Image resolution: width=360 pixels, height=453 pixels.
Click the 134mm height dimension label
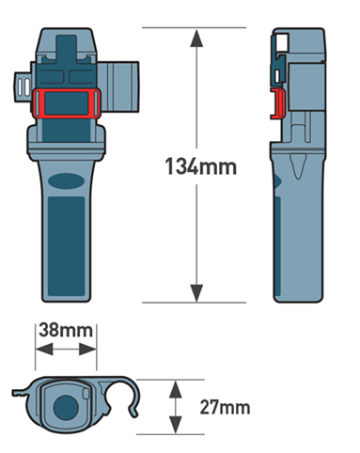pos(201,166)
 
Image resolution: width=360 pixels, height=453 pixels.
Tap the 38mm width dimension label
pos(66,331)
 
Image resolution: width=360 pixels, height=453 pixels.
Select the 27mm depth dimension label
pos(225,408)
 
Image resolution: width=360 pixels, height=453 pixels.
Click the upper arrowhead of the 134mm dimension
pos(196,39)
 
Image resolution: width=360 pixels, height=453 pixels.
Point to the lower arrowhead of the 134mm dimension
pos(196,293)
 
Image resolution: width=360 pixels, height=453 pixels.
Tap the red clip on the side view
pos(277,104)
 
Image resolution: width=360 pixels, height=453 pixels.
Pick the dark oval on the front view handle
pos(66,181)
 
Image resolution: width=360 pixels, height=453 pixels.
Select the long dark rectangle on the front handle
pos(66,246)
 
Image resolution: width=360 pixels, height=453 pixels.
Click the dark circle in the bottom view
pos(66,408)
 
